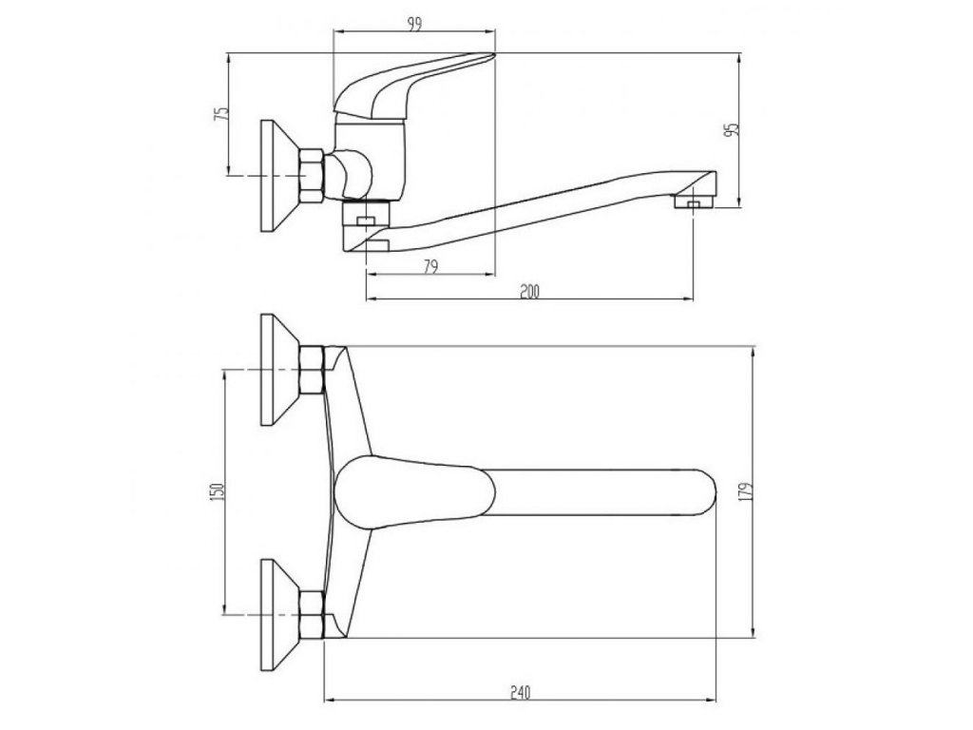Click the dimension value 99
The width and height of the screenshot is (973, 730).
pyautogui.click(x=415, y=26)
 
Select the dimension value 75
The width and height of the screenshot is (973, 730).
pyautogui.click(x=221, y=113)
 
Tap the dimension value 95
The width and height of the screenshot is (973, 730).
pyautogui.click(x=731, y=130)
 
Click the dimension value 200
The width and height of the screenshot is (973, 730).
pyautogui.click(x=529, y=292)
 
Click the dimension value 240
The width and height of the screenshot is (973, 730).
pyautogui.click(x=518, y=692)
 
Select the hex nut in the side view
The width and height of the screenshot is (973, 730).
pyautogui.click(x=312, y=176)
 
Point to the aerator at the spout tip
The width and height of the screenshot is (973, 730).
pyautogui.click(x=693, y=202)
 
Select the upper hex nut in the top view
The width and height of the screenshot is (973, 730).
pyautogui.click(x=312, y=371)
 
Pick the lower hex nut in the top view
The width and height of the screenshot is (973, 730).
pyautogui.click(x=312, y=613)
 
